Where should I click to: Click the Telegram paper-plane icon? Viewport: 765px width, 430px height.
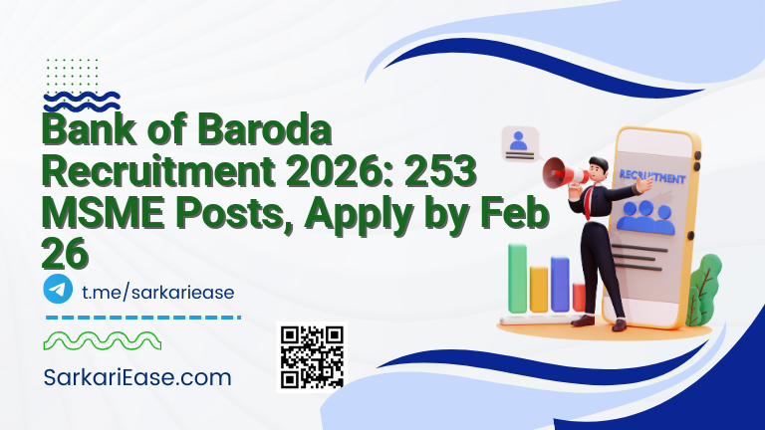coord(58,290)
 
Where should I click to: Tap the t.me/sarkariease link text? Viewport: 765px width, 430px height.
coord(156,291)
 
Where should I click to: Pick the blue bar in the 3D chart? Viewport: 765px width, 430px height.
coord(560,283)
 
